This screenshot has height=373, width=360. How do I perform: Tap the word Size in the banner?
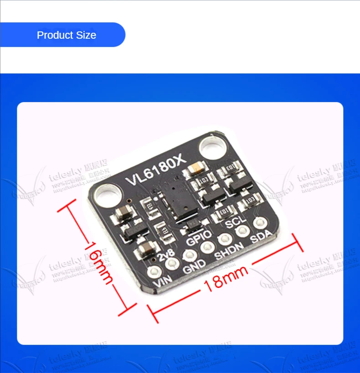pyautogui.click(x=86, y=35)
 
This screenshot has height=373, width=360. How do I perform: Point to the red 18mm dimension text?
pyautogui.click(x=226, y=278)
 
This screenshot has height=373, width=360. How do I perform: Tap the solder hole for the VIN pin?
pyautogui.click(x=154, y=273)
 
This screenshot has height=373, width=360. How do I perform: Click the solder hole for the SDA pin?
pyautogui.click(x=260, y=223)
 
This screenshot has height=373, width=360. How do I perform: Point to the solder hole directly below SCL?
pyautogui.click(x=241, y=231)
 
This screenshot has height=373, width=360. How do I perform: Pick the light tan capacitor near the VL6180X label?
pyautogui.click(x=198, y=169)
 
